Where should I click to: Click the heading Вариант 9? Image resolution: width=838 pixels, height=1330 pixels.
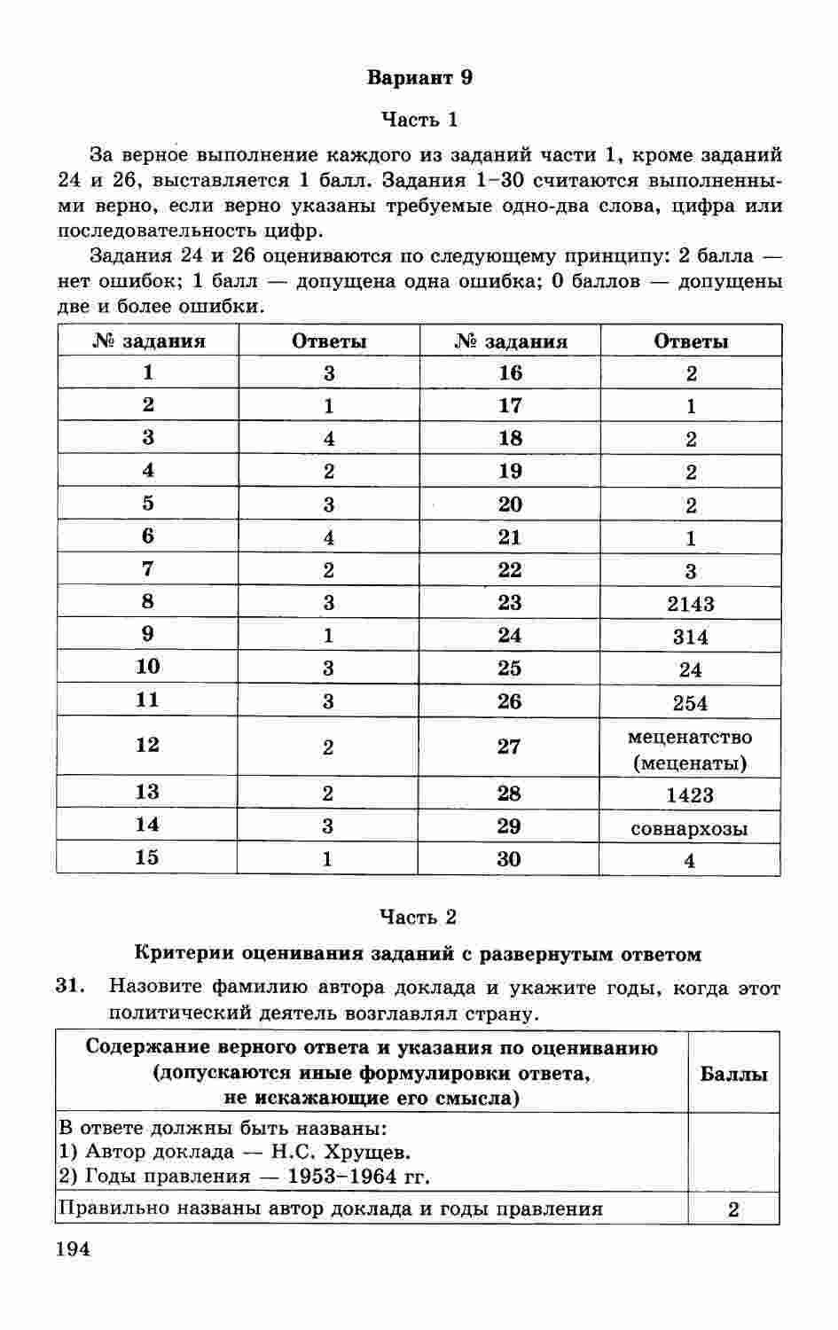point(419,77)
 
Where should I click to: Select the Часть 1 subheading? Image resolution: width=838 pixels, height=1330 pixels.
point(419,119)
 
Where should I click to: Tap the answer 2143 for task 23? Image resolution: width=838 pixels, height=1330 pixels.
point(690,604)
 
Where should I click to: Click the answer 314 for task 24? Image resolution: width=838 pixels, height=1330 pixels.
point(690,637)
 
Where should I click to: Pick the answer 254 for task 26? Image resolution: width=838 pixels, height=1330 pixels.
point(690,703)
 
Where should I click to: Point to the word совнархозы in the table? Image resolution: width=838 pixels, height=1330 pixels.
point(689,829)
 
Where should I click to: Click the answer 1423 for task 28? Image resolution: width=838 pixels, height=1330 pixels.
point(689,795)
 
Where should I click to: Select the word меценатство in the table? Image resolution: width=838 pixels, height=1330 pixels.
point(689,737)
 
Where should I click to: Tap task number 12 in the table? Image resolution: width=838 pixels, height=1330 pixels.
point(147,745)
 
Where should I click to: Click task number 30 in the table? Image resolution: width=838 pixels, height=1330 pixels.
point(509,858)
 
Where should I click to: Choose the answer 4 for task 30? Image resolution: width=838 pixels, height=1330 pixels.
point(689,860)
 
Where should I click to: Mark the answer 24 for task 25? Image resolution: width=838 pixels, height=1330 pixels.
point(690,670)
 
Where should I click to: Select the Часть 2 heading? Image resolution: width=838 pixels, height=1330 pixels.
point(419,916)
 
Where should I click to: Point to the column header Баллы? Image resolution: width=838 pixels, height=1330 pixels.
point(733,1074)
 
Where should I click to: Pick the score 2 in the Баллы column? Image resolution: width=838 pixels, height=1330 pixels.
point(733,1209)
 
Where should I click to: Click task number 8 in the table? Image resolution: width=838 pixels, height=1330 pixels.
point(147,602)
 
